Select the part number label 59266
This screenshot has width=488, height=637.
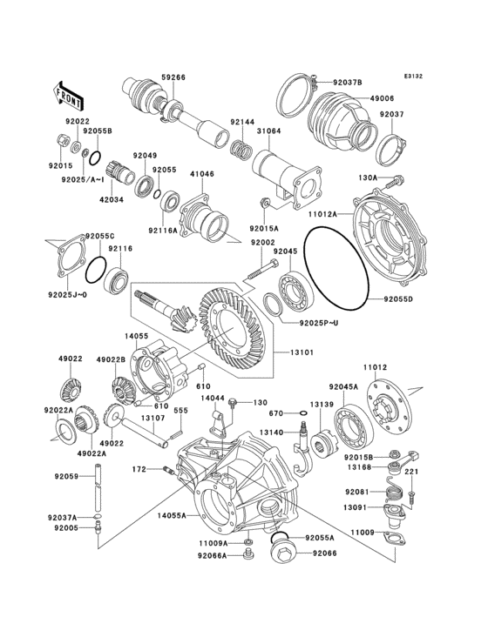click(x=173, y=77)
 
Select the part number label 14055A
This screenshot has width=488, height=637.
click(x=171, y=515)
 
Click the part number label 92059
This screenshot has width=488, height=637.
click(x=67, y=476)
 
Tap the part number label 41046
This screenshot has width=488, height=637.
click(x=201, y=174)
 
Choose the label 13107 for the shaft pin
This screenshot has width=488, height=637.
click(x=153, y=418)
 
